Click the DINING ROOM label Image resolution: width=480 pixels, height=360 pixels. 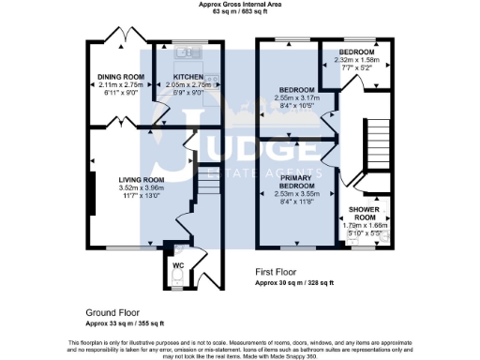(x=122, y=76)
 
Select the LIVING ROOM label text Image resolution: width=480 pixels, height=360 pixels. (x=141, y=179)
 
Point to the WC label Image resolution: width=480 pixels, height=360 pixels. (x=177, y=264)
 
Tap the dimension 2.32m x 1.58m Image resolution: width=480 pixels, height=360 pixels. (x=355, y=60)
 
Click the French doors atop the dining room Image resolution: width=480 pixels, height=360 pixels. (x=125, y=37)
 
